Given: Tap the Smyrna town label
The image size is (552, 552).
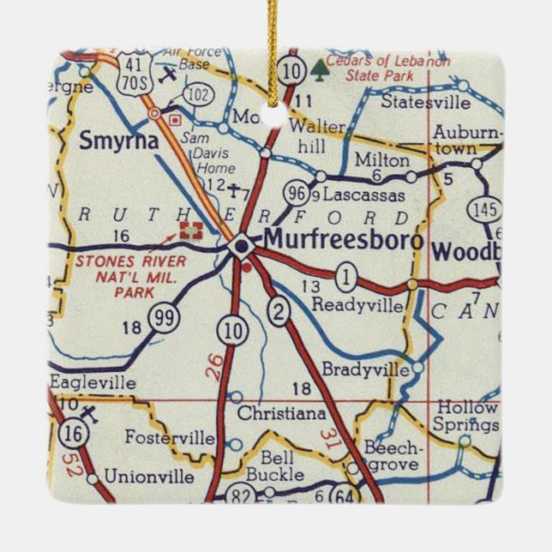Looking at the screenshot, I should click(x=119, y=141).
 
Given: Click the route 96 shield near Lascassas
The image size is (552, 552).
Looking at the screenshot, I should click(x=297, y=193).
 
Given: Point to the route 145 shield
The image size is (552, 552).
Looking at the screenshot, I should click(x=483, y=210).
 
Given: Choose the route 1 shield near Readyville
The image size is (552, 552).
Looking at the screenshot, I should click(x=345, y=277).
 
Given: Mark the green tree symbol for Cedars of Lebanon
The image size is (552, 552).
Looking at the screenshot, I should click(x=320, y=66).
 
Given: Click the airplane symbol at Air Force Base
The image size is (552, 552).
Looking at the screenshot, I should click(x=170, y=72).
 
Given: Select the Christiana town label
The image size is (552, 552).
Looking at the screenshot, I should click(x=281, y=414).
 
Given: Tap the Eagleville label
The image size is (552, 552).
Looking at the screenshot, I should click(x=93, y=383).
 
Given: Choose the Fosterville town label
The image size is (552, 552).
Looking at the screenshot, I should click(x=171, y=438).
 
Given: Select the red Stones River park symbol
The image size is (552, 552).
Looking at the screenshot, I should click(x=192, y=229).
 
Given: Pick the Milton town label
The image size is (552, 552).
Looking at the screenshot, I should click(x=383, y=160).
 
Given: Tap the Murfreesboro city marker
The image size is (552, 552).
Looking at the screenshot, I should click(x=243, y=247).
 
